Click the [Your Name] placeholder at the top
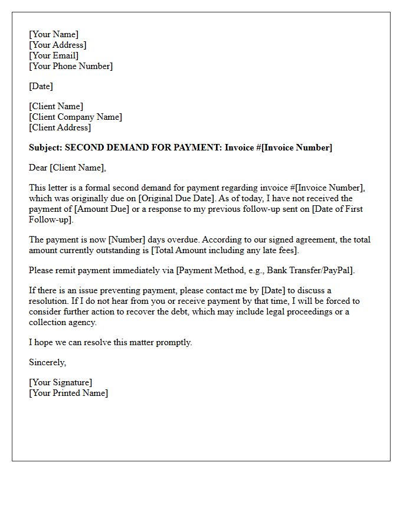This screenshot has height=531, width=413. click(x=54, y=34)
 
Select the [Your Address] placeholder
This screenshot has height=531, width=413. click(x=58, y=45)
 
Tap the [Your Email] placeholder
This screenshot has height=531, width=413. click(x=54, y=55)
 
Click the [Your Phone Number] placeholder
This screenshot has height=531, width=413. click(x=71, y=66)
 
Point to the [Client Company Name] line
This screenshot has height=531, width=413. click(x=76, y=117)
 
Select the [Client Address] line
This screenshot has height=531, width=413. click(x=60, y=127)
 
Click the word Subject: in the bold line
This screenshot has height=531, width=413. click(x=45, y=147)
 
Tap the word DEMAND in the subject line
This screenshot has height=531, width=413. click(x=125, y=147)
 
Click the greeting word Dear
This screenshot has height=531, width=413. click(x=38, y=168)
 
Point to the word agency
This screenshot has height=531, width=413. click(x=82, y=322)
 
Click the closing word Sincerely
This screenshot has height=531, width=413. click(x=47, y=362)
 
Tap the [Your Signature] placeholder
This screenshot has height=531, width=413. click(x=61, y=382)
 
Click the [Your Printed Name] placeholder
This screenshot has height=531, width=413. click(x=68, y=393)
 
